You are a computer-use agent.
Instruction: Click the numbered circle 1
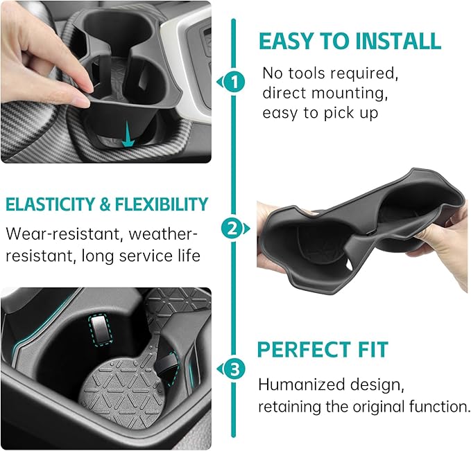click(x=235, y=82)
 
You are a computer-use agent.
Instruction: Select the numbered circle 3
click(x=235, y=369)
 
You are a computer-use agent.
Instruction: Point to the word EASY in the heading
click(x=285, y=41)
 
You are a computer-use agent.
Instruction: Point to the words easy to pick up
click(x=320, y=113)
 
